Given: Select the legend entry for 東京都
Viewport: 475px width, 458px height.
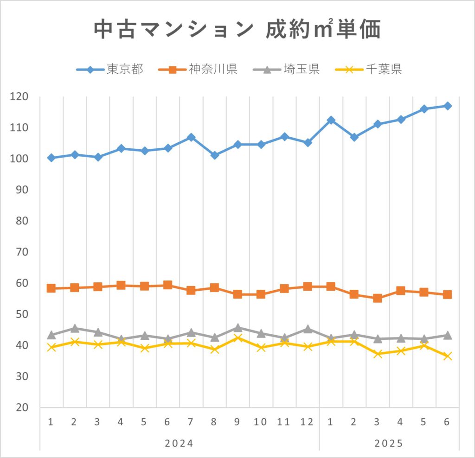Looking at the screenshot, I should click(x=110, y=70).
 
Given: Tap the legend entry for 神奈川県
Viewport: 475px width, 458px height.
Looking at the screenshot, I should click(x=198, y=70).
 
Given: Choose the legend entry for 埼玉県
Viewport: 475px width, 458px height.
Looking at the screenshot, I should click(x=287, y=70).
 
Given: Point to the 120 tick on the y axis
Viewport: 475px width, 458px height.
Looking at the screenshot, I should click(x=20, y=96).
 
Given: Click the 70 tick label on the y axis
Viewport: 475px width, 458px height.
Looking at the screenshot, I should click(x=20, y=252).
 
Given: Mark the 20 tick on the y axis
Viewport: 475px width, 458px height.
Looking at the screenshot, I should click(x=20, y=407).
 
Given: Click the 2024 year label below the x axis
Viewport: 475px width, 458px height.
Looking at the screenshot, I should click(x=179, y=443).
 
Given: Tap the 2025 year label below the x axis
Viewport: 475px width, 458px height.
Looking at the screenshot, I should click(x=389, y=443).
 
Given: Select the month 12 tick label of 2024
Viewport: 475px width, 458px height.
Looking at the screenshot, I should click(x=307, y=422).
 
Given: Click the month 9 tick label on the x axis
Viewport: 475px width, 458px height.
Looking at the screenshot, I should click(x=237, y=422).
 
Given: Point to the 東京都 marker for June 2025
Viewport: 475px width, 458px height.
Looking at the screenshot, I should click(x=447, y=106).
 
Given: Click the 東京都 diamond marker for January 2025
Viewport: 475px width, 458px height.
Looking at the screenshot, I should click(x=331, y=120).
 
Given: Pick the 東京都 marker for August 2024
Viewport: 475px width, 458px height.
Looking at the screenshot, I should click(x=214, y=155).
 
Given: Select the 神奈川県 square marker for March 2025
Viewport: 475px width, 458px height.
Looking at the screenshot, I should click(x=378, y=298).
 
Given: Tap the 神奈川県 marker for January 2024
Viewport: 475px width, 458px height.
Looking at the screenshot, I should click(x=51, y=288).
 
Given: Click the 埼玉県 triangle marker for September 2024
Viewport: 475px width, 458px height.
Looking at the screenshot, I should click(x=237, y=328).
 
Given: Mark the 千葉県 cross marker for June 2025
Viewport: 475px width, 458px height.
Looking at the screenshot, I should click(x=447, y=356).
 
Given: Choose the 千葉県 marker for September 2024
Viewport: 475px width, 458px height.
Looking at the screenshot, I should click(x=237, y=338).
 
